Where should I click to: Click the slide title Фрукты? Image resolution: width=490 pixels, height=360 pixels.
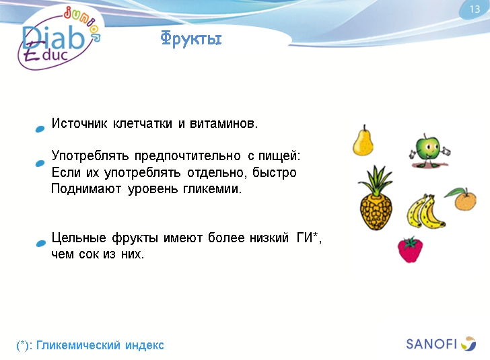coord(191,39)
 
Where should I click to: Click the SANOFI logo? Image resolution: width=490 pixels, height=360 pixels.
coord(440,344)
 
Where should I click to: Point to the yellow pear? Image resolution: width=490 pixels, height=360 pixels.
coord(363,141)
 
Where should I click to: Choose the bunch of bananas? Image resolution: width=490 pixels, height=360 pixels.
coord(425,211)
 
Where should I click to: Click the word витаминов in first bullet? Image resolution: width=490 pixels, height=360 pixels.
coord(226,124)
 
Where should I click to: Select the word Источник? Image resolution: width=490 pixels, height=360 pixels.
coord(79,124)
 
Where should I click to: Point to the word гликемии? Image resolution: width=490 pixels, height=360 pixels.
coord(212,189)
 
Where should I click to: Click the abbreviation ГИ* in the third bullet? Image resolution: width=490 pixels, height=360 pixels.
coord(309,238)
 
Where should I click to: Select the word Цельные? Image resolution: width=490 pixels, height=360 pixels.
coord(78,238)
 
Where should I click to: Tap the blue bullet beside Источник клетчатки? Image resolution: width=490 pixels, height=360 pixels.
coord(40,128)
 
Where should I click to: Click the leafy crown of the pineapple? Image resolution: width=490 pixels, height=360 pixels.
coord(375,179)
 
